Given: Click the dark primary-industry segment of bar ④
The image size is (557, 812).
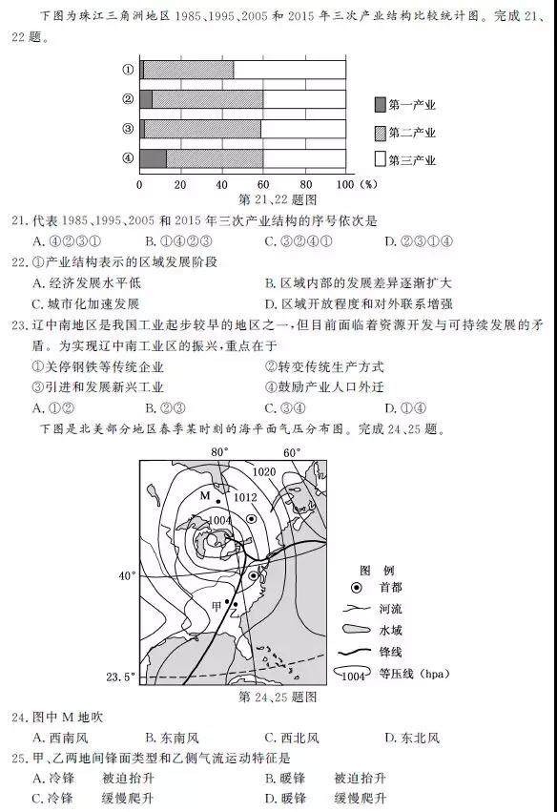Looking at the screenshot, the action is (153, 158).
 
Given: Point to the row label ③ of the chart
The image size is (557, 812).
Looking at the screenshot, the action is (126, 129).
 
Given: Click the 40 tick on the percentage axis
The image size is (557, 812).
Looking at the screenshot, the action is (222, 183).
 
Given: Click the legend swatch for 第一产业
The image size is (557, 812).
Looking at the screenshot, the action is (381, 104).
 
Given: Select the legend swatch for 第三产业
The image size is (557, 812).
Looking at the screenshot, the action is (381, 159).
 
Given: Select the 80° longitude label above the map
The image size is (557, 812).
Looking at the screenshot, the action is (220, 451).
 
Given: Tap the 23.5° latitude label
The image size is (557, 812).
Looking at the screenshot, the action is (120, 677).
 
